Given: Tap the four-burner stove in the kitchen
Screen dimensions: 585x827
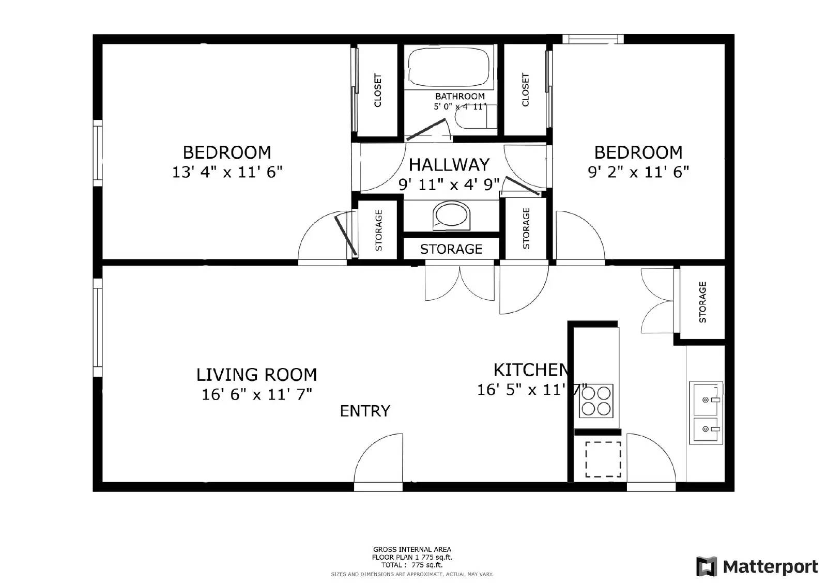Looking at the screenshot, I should (596, 401).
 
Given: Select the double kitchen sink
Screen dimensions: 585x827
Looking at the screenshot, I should (706, 413).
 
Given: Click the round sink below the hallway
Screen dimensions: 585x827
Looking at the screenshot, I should (452, 215).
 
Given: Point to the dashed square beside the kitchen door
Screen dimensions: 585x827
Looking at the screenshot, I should (603, 459).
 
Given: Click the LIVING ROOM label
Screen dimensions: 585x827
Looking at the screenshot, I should (256, 375).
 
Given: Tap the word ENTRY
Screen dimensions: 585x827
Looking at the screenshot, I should (365, 411).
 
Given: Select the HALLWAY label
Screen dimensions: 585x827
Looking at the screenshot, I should (449, 165).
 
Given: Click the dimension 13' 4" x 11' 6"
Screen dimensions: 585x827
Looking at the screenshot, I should (227, 172).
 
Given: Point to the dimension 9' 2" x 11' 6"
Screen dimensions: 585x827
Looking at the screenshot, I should (638, 172).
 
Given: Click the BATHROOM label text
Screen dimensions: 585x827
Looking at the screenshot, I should (460, 96).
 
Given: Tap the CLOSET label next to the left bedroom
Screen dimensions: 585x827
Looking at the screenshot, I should (377, 90).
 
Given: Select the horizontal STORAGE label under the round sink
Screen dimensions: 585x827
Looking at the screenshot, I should (451, 249).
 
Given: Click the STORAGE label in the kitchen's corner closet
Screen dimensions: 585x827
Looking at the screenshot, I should (702, 302).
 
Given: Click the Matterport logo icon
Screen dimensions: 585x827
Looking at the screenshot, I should (707, 566).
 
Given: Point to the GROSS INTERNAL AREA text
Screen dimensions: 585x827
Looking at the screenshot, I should (412, 549).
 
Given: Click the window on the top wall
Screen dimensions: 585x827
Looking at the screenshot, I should (592, 39).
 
